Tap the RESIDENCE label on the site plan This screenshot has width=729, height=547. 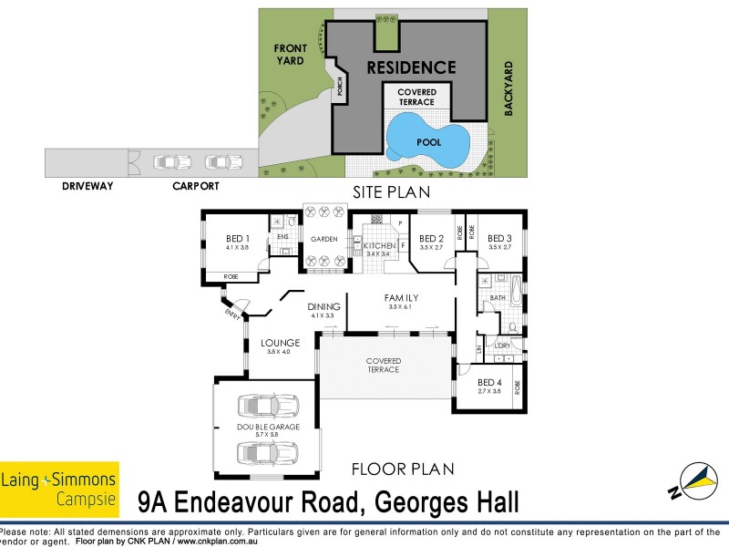[411, 67]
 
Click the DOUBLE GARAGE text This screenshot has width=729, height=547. [269, 428]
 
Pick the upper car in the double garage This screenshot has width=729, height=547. [269, 407]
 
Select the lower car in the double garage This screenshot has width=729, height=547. [269, 452]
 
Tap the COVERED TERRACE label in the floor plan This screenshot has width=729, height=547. [385, 365]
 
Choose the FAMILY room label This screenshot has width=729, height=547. [400, 297]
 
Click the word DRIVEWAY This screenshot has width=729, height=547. [87, 186]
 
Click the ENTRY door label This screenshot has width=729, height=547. [231, 314]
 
